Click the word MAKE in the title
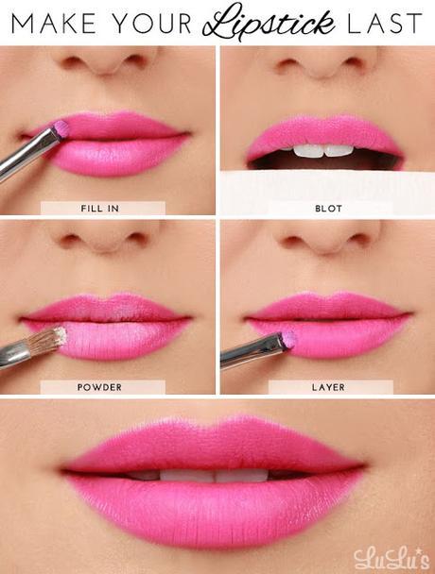[x=48, y=23]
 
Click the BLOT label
[x=330, y=208]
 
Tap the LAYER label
[x=330, y=386]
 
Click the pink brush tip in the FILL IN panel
[x=61, y=127]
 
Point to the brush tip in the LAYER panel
[x=287, y=338]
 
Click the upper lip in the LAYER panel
[x=326, y=305]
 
